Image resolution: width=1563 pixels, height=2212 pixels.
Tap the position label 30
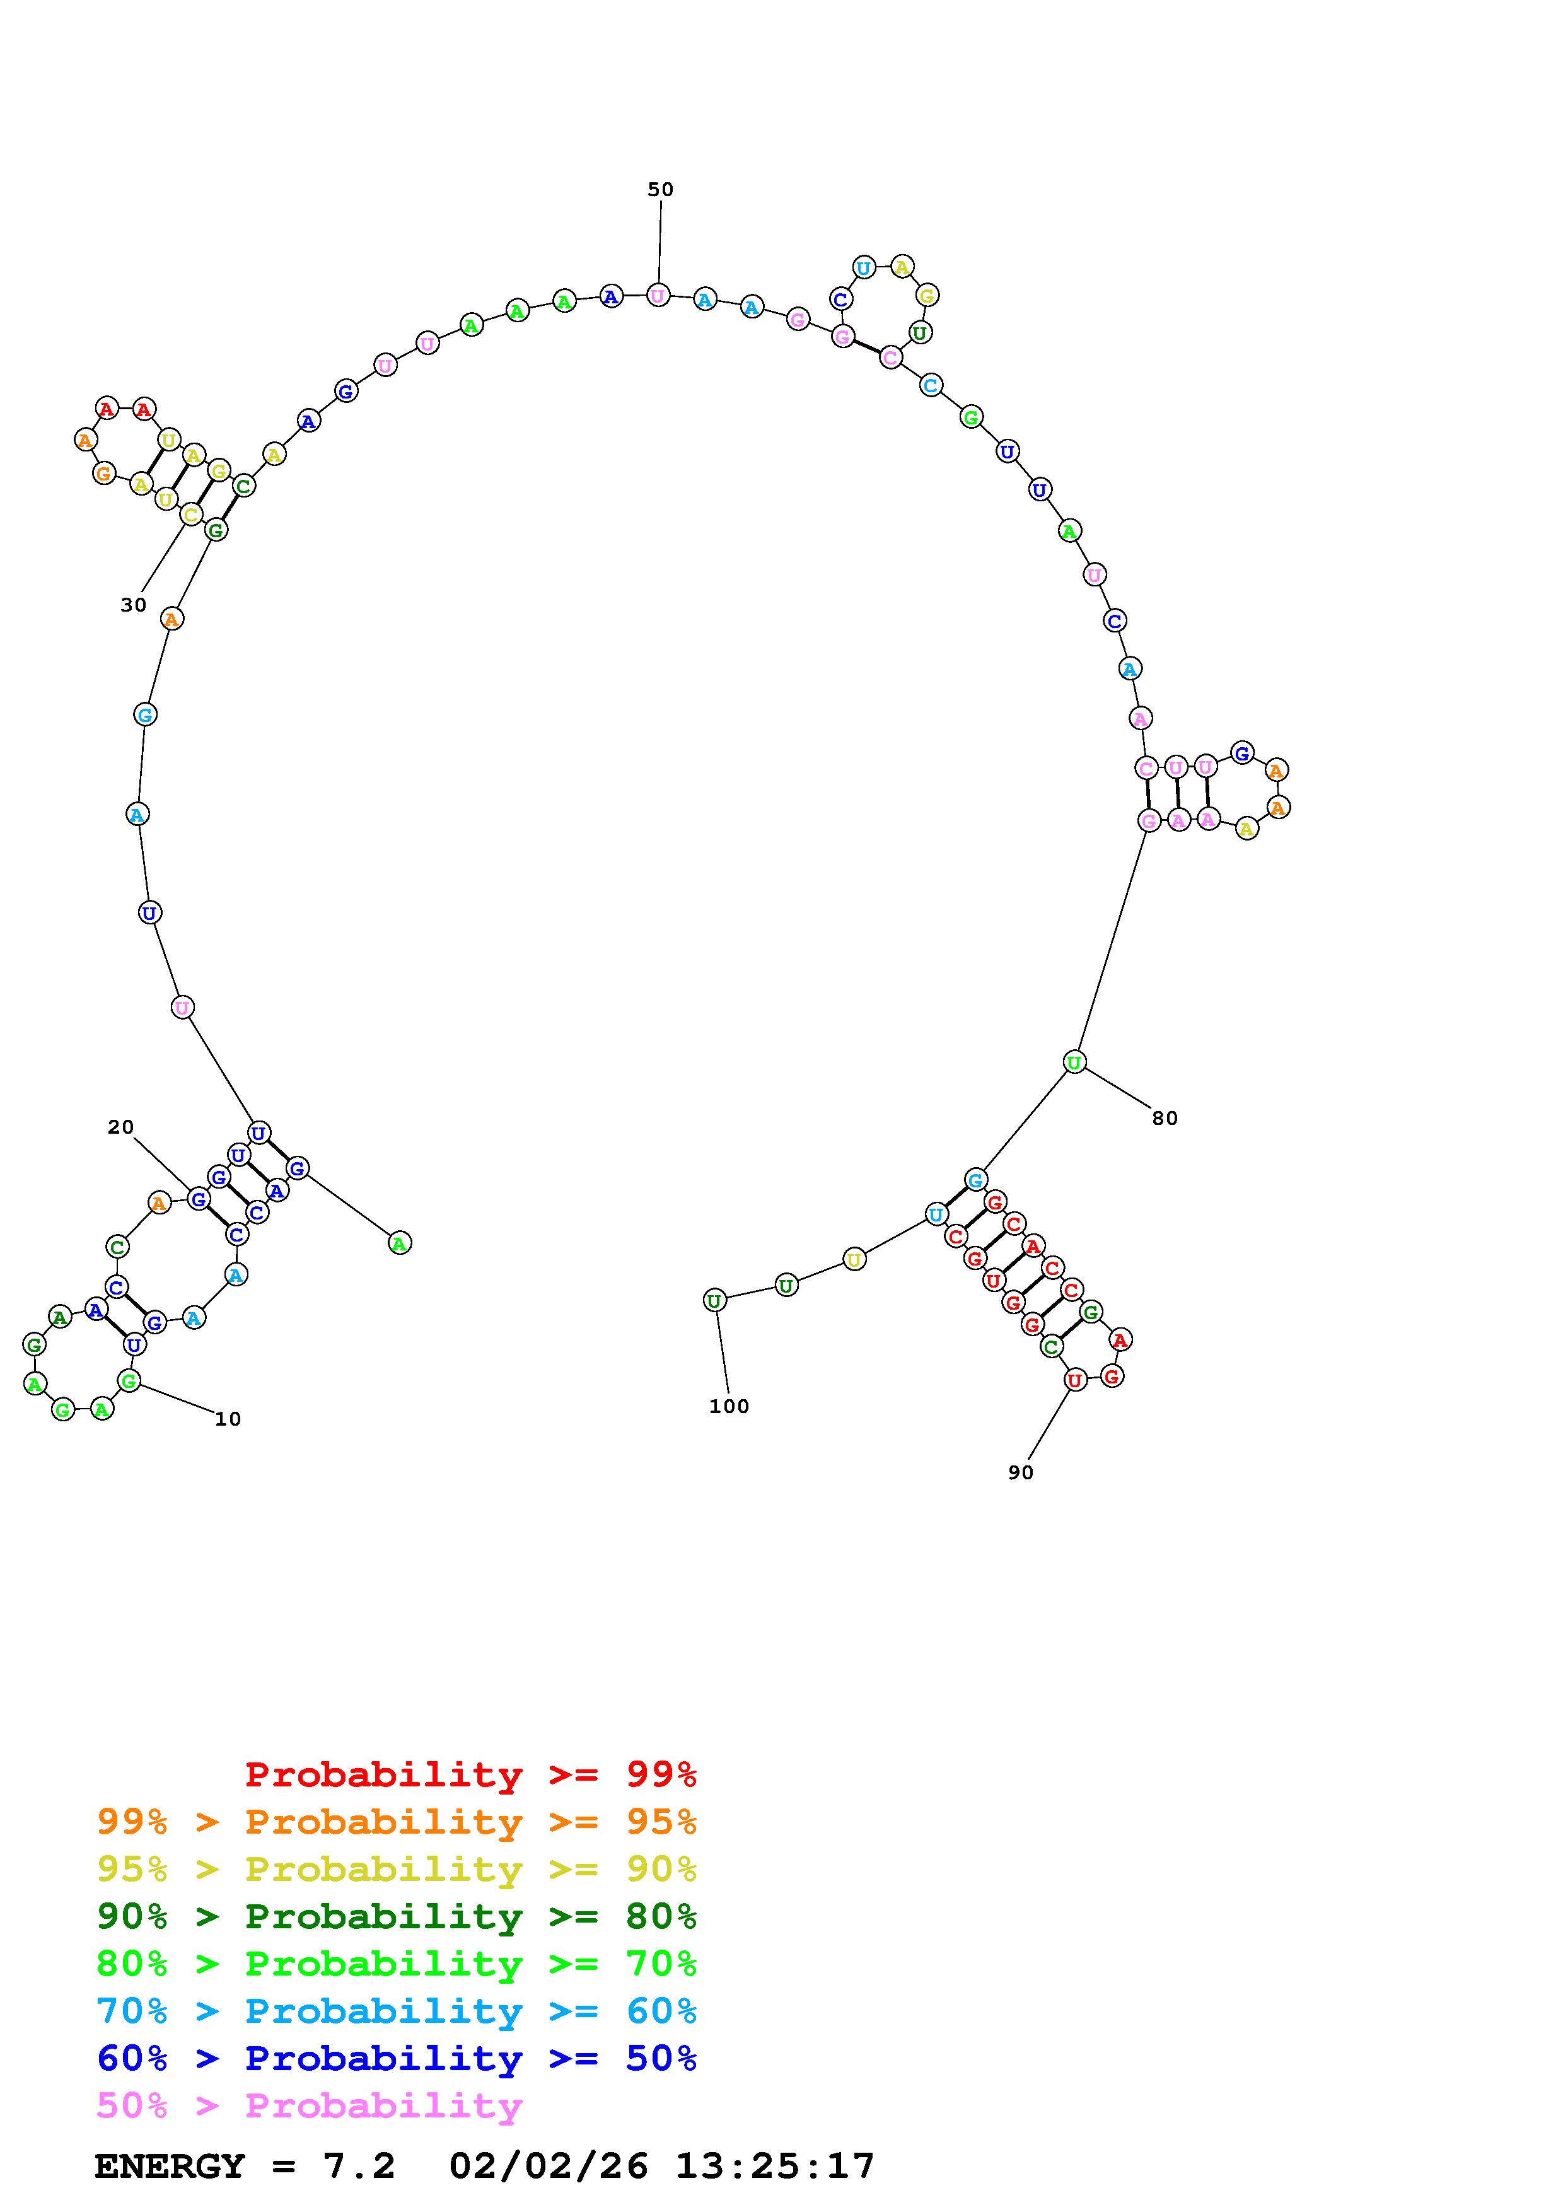(133, 605)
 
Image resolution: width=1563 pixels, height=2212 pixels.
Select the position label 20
(120, 1127)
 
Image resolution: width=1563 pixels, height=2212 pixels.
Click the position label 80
(1165, 1119)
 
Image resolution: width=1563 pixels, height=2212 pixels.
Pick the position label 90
(1020, 1473)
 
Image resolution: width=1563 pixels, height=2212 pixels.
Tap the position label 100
(728, 1407)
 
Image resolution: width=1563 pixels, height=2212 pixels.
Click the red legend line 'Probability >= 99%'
(471, 1774)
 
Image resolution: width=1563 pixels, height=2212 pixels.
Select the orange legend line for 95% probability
(397, 1822)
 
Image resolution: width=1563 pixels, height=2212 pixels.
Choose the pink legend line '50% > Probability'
(309, 2106)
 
